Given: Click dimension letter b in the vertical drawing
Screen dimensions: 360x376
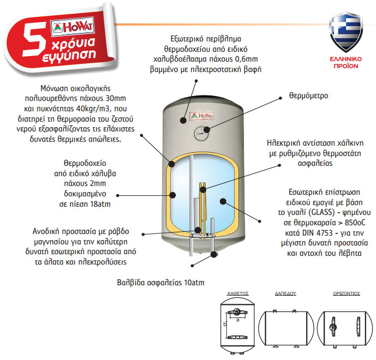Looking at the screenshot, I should pyautogui.click(x=225, y=324).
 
